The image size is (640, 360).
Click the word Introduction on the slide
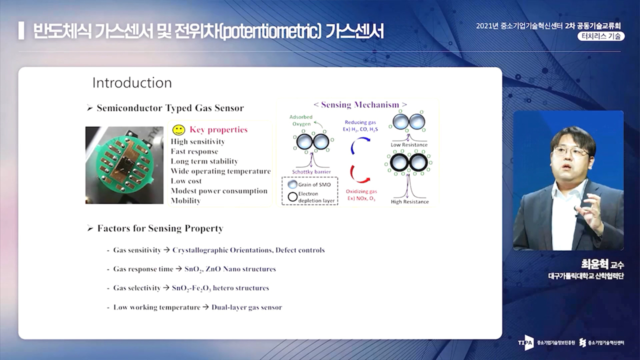[132, 83]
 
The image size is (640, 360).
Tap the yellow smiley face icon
[179, 130]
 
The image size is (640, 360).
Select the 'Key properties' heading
[218, 130]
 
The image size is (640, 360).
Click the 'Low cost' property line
[186, 181]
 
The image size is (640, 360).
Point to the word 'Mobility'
[185, 201]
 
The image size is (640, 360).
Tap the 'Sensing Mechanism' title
[360, 104]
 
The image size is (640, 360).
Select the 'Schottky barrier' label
[311, 171]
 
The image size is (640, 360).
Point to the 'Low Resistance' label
[409, 145]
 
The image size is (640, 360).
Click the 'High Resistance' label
[409, 201]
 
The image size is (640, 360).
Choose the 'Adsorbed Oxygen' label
[301, 120]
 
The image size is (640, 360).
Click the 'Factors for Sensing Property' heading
[160, 228]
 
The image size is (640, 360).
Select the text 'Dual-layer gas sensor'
[246, 307]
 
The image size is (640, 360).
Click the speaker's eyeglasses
[569, 151]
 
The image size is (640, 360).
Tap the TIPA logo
[525, 342]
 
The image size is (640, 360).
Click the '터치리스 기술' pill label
[601, 36]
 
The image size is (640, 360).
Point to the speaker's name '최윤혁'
[594, 263]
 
